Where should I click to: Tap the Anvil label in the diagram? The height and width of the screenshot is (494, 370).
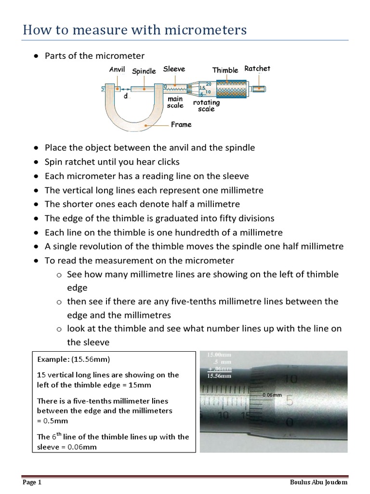coord(117,69)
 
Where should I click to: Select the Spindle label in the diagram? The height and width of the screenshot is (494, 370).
coord(144,71)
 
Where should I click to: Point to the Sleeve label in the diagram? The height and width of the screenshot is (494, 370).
coord(174,69)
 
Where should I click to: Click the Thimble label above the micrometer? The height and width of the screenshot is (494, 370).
coord(225,70)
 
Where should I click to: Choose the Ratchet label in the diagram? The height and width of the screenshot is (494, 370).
coord(257,69)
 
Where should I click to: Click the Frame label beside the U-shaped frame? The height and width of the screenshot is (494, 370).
coord(181,124)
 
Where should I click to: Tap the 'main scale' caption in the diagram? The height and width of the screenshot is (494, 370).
coord(175,102)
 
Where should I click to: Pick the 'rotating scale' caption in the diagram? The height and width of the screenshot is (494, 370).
coord(206,106)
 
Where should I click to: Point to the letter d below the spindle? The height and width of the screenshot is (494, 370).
coord(126,96)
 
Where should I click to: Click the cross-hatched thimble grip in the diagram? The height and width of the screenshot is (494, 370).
coord(231,88)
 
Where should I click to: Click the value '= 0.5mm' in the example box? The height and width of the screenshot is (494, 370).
coord(50,420)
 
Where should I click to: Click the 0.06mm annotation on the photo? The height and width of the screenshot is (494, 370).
coord(272,395)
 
